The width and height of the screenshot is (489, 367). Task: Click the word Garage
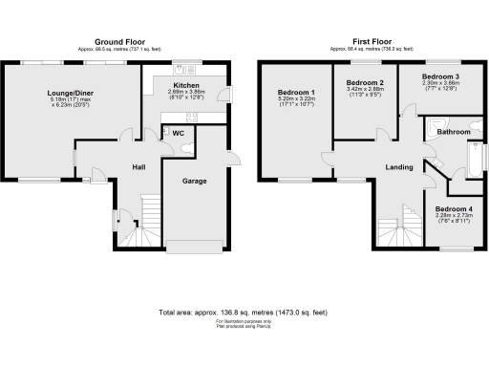[195, 180]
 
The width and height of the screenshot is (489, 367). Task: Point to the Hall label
[138, 167]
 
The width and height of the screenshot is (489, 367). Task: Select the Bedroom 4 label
[454, 208]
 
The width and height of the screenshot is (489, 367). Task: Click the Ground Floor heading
[120, 42]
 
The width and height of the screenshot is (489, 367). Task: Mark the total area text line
[244, 313]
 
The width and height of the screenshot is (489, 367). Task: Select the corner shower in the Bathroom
[431, 128]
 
